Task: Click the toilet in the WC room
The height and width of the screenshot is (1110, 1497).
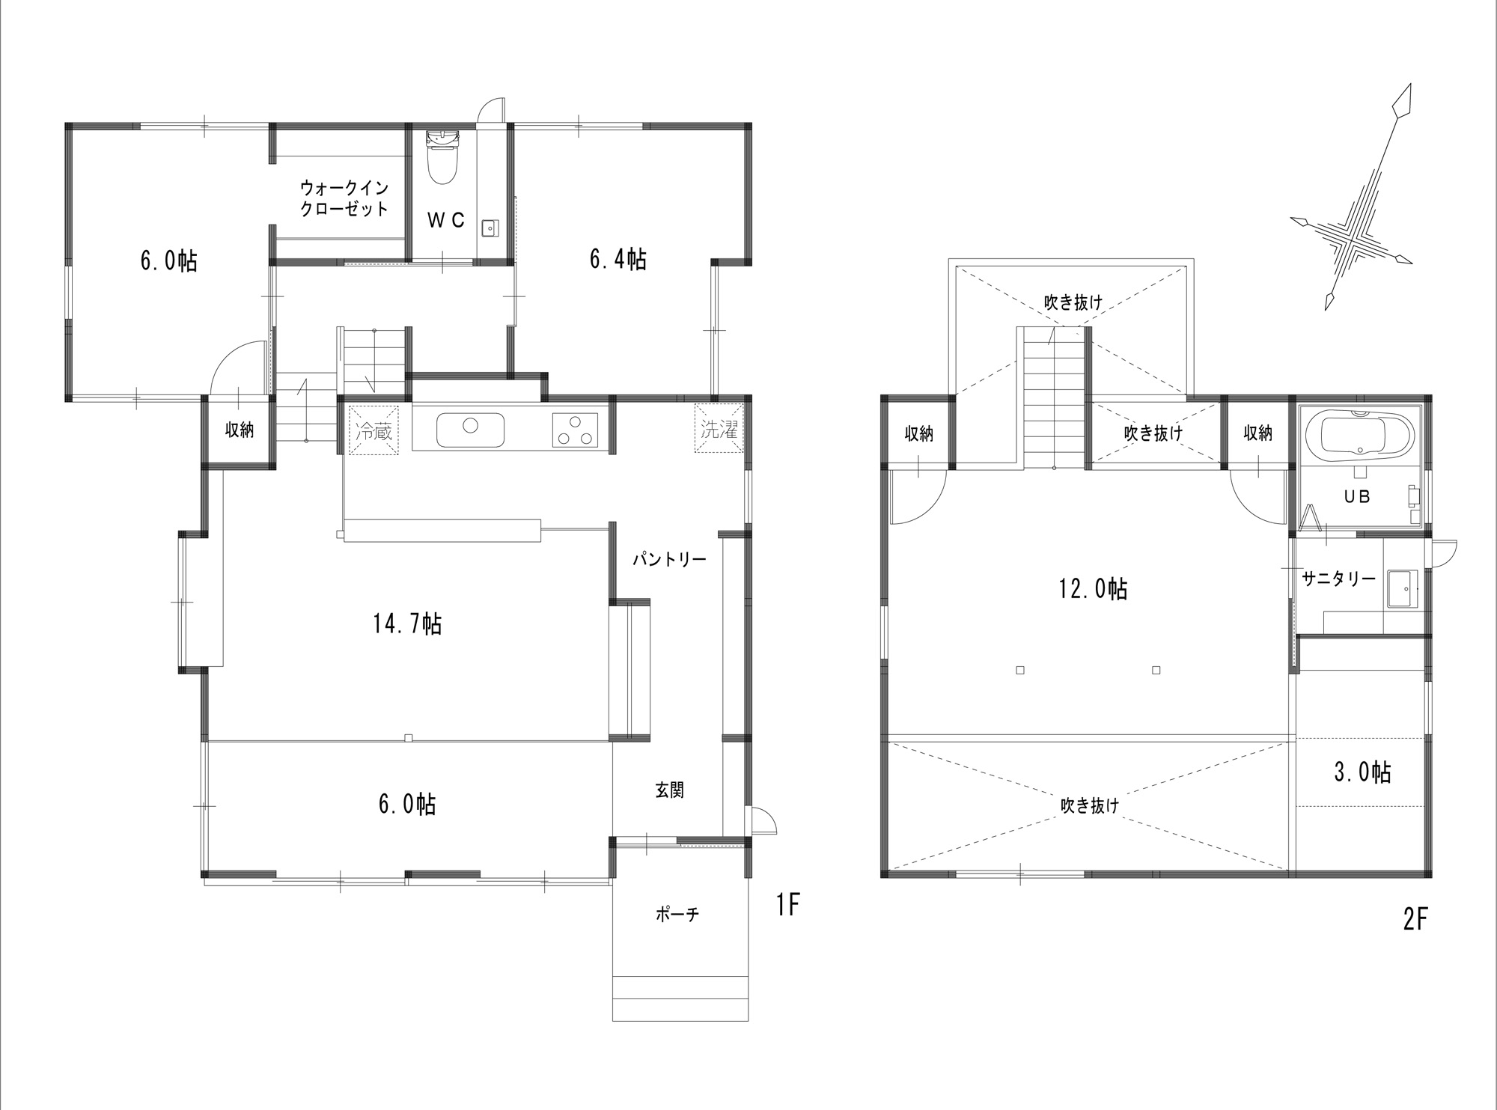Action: pos(442,157)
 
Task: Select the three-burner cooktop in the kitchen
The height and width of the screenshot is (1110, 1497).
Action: pos(576,430)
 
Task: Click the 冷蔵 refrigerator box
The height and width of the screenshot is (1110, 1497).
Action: pos(374,430)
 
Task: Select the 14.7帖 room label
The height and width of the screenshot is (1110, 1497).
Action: pos(407,623)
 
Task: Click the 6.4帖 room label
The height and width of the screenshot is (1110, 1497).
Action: pos(618,259)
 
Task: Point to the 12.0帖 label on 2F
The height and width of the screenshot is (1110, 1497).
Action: pos(1093,589)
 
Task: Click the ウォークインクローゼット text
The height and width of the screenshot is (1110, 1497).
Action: pos(344,198)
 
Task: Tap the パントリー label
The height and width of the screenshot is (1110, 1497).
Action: pos(669,559)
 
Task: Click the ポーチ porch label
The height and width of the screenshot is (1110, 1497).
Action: pos(677,914)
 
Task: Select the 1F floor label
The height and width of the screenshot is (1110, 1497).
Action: pos(788,906)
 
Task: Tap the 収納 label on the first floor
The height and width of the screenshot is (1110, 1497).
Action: pos(240,430)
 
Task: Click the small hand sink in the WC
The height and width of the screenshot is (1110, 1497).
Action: pos(491,227)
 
